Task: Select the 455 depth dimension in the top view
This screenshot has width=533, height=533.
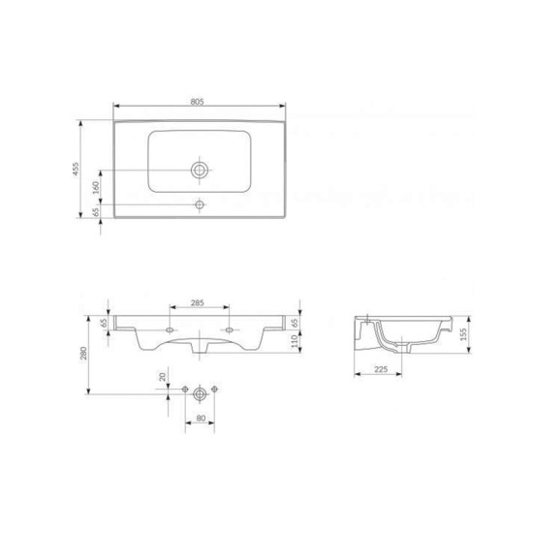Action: (75, 169)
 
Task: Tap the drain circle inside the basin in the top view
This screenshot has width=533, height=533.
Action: (200, 169)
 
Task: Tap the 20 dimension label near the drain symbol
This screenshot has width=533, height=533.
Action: (162, 377)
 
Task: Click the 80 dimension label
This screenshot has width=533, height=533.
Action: (200, 419)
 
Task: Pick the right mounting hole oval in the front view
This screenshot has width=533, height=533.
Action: (229, 329)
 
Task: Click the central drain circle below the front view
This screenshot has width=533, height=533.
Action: (201, 392)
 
